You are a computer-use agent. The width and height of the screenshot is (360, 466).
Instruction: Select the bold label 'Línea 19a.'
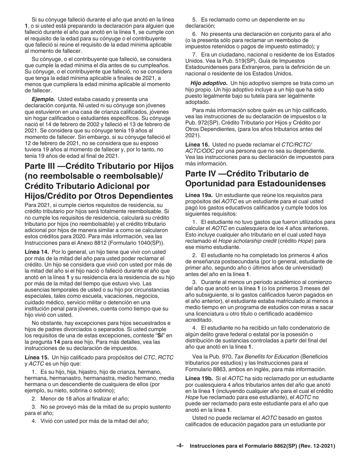[199, 195]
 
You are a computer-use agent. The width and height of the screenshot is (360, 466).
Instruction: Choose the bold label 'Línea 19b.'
[199, 378]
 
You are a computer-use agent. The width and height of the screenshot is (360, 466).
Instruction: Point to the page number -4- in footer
[180, 446]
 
